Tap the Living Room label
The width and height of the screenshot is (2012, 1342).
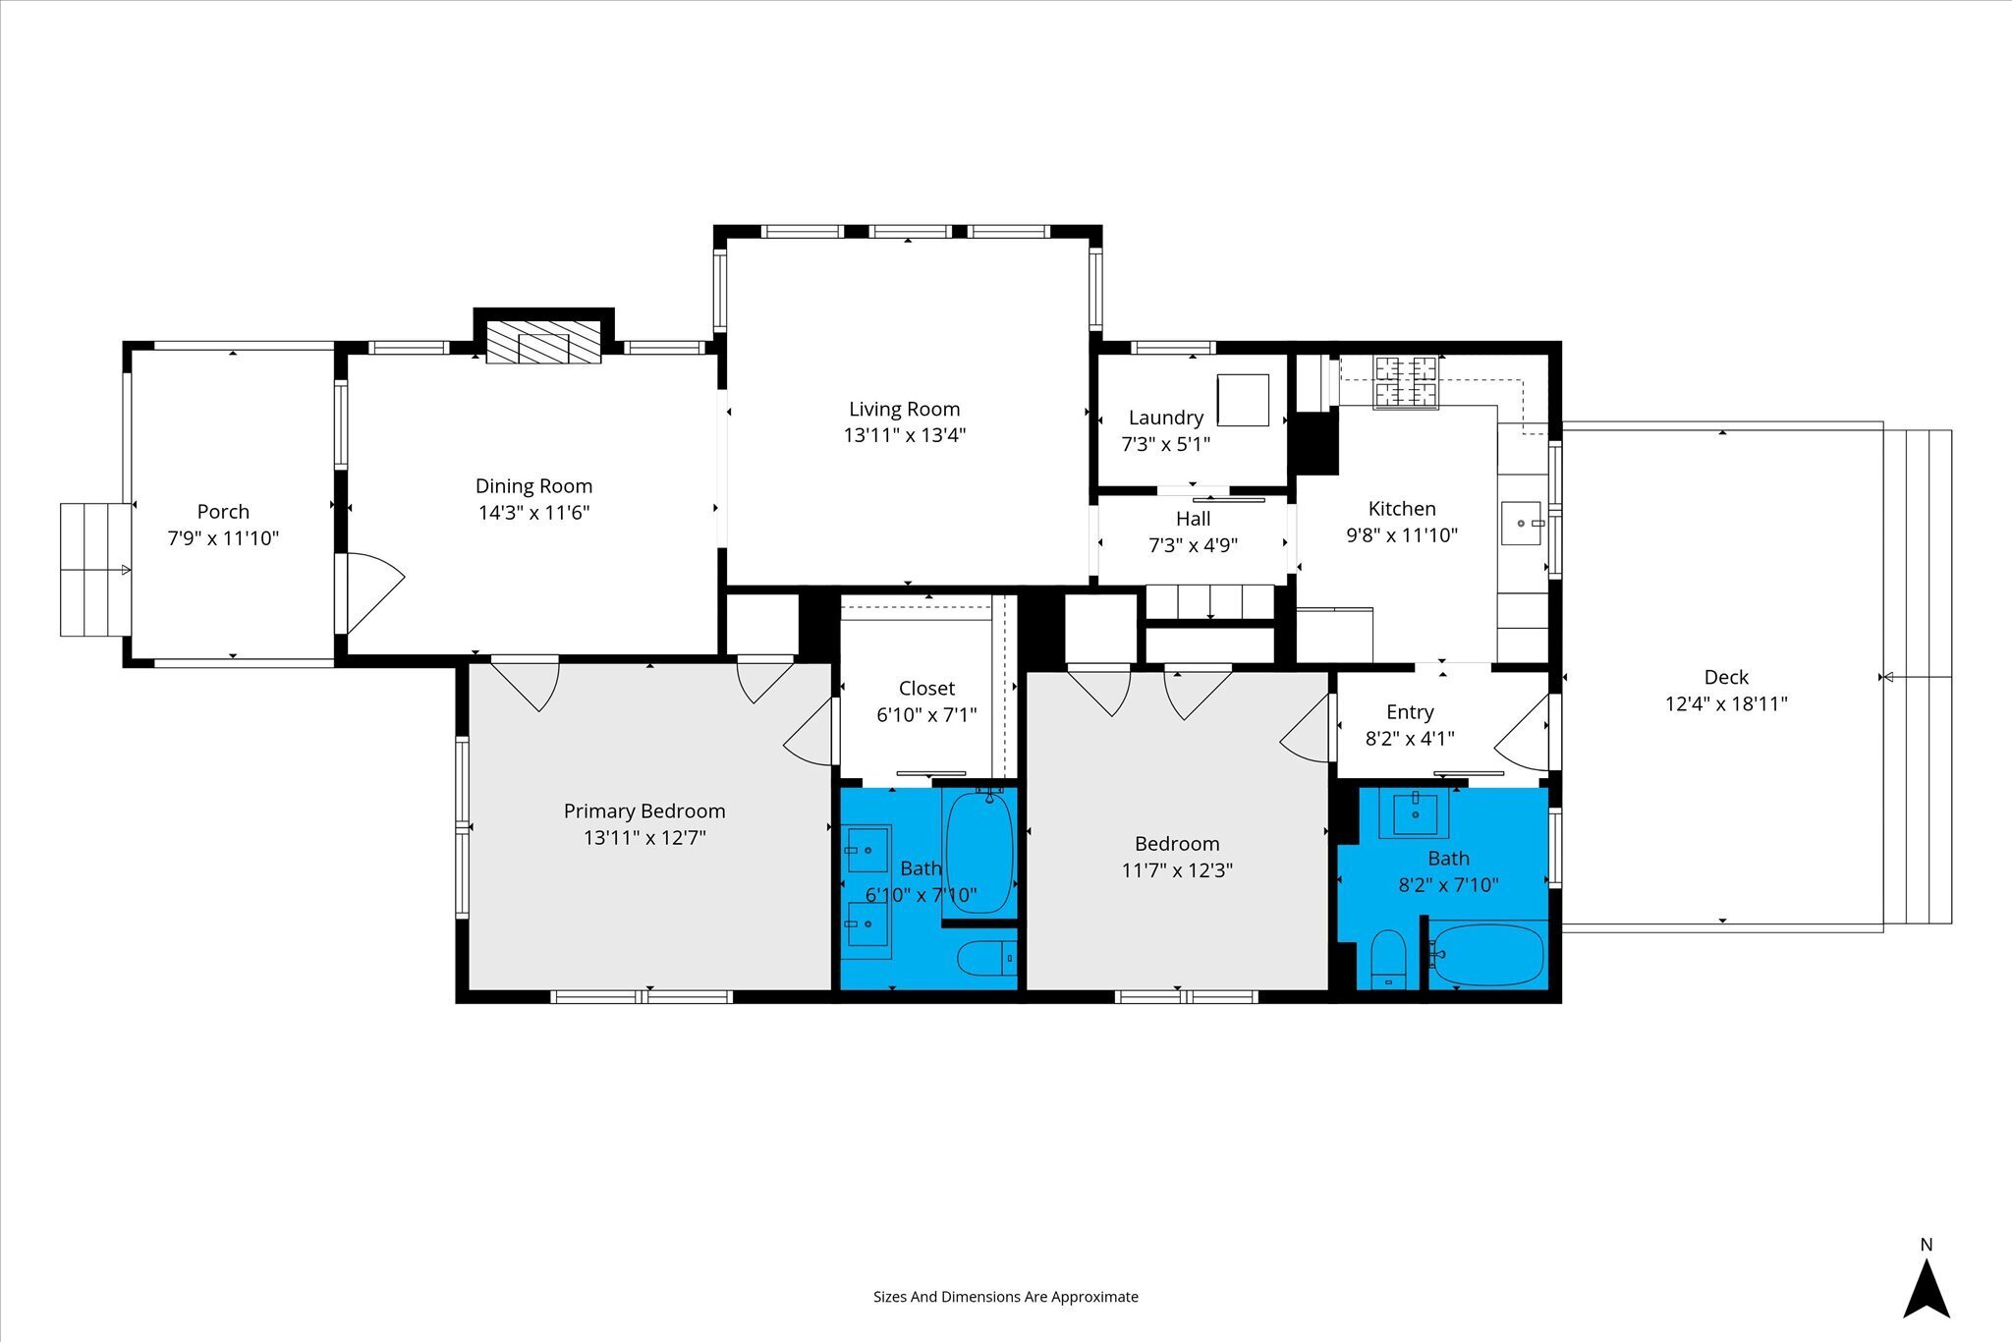coord(904,409)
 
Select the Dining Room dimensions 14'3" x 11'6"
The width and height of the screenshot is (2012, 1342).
coord(533,512)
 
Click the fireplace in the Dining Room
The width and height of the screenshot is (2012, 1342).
coord(543,341)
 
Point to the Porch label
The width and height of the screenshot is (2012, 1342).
coord(223,511)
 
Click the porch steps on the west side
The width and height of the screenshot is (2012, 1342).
coord(95,569)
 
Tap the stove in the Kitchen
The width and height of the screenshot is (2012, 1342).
coord(1405,382)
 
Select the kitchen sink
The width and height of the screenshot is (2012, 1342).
coord(1521,523)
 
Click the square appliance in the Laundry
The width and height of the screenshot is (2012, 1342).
coord(1243,400)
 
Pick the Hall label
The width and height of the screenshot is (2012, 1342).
coord(1193,519)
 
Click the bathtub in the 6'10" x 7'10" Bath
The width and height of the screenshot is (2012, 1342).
coord(978,853)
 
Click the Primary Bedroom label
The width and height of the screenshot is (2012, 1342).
coord(644,811)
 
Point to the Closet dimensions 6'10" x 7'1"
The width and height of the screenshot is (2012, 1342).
coord(926,714)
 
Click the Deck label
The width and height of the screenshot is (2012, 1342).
coord(1726,677)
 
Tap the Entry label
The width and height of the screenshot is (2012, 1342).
coord(1410,711)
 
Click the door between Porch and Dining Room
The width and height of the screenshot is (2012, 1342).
coord(368,593)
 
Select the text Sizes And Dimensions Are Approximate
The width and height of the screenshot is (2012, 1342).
coord(1006,1297)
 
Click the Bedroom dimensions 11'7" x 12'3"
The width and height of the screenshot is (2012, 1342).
coord(1177,869)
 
